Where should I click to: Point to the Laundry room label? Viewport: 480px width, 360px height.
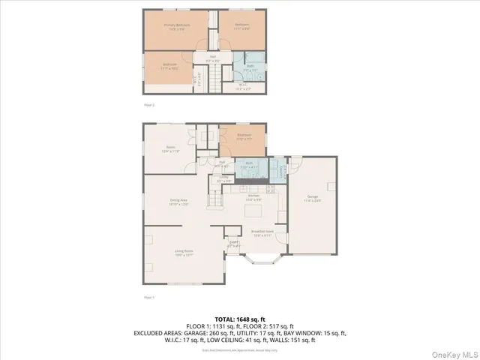pos(281,171)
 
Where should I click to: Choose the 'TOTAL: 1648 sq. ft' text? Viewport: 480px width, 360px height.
pos(239,319)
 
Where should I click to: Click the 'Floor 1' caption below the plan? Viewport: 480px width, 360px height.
pos(148,298)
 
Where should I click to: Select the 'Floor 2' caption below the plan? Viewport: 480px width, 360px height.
pos(148,105)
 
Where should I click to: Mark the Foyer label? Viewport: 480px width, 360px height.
pos(233,243)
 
